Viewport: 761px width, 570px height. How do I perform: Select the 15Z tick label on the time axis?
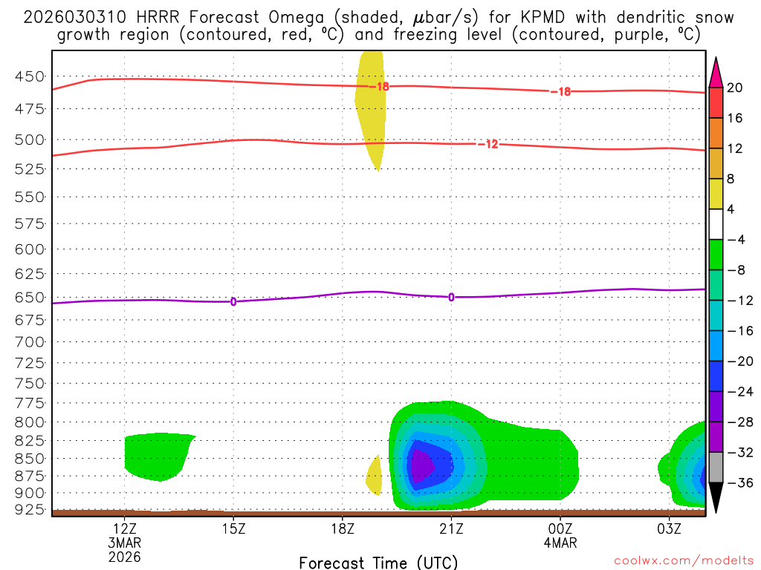click(233, 528)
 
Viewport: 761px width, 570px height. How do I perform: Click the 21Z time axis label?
click(451, 528)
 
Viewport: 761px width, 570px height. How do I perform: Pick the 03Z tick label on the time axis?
click(669, 528)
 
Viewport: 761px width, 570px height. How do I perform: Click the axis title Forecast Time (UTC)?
click(378, 562)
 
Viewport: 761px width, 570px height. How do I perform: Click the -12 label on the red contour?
click(488, 144)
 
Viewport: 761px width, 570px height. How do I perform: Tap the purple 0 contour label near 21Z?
click(451, 297)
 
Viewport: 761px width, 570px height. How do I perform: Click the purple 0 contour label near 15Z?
click(233, 301)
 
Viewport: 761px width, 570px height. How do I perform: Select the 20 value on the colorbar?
click(735, 88)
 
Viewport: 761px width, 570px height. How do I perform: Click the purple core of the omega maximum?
click(421, 468)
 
